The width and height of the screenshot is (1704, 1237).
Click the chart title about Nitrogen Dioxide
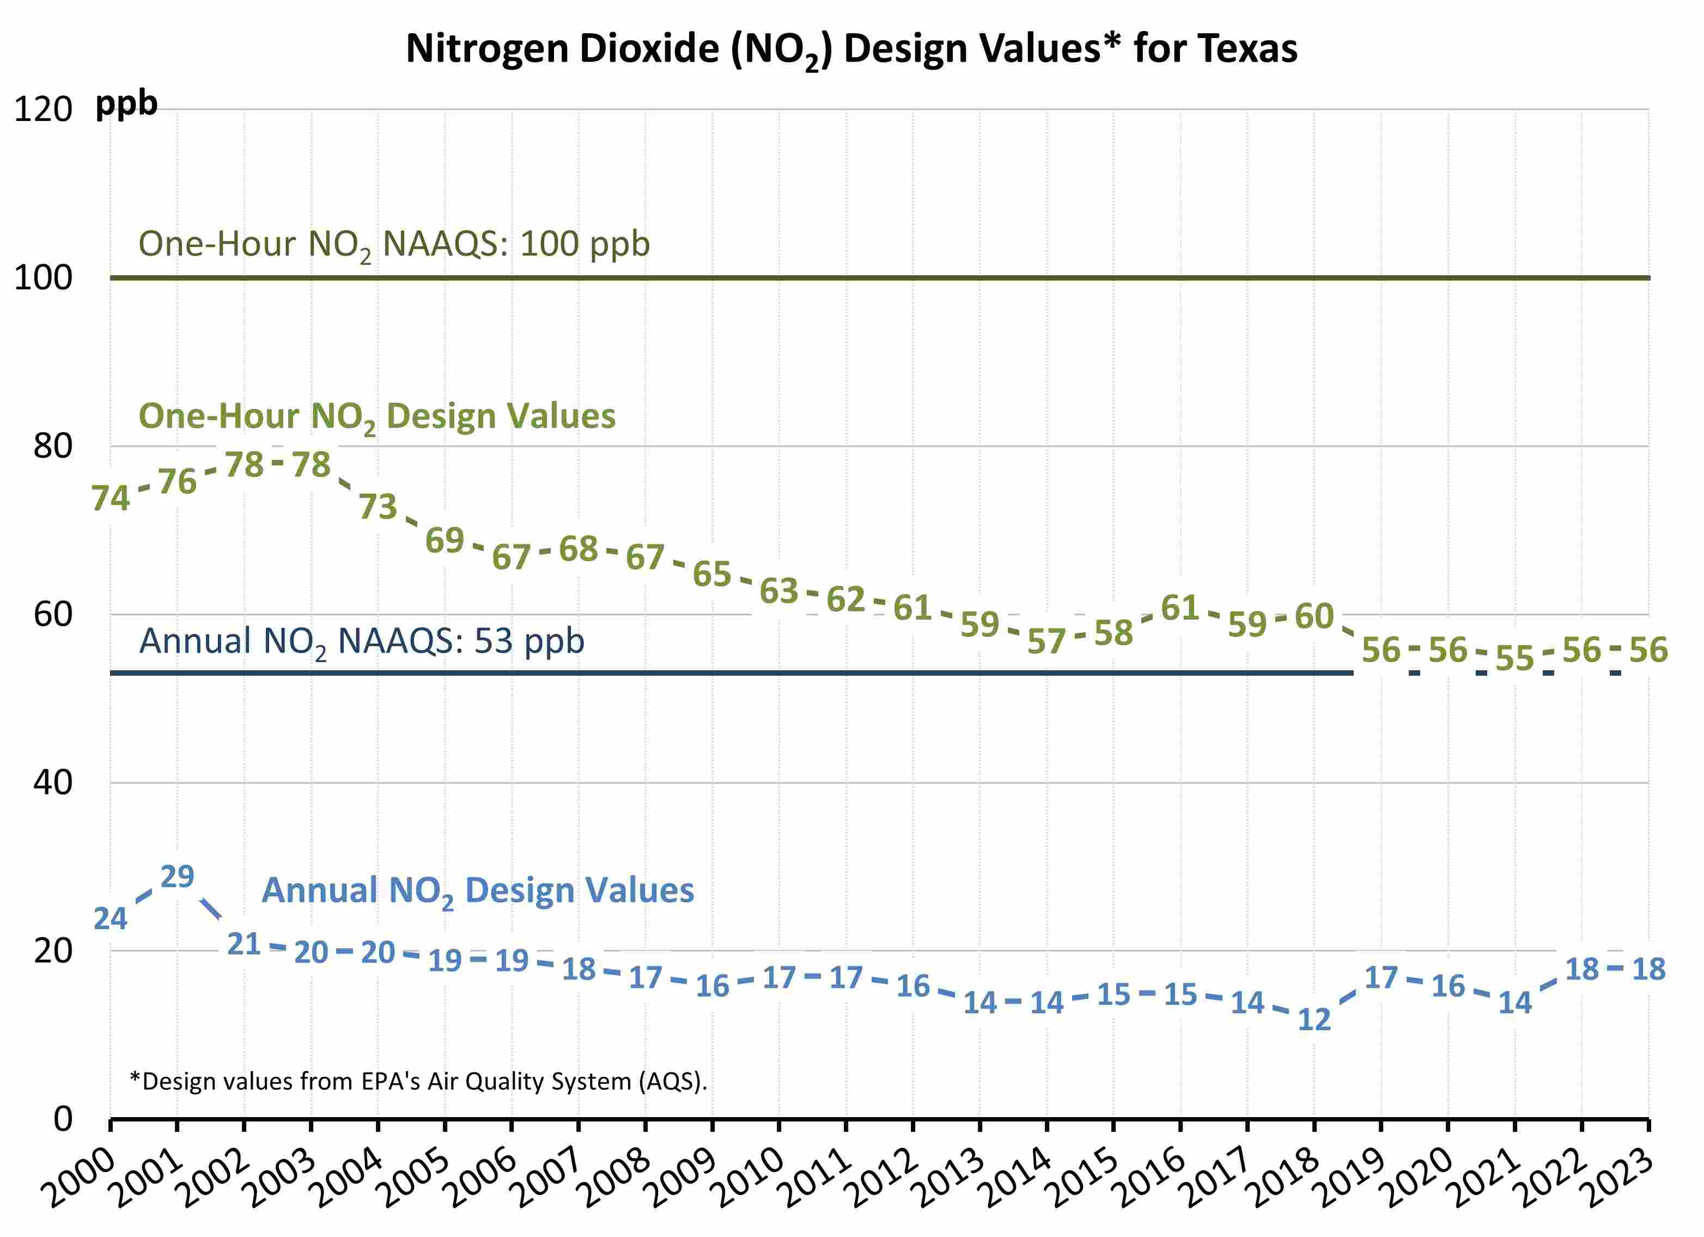point(851,50)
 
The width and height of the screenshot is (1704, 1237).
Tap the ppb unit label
point(126,104)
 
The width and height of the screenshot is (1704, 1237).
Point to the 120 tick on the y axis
point(43,110)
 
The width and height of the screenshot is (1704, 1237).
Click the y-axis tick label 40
point(53,783)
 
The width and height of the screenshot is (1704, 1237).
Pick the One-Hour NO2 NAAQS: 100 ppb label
point(394,244)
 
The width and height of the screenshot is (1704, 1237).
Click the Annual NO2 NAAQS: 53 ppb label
point(361,641)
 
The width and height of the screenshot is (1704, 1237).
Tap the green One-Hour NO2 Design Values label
point(376,416)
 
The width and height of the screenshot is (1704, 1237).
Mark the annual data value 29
point(177,876)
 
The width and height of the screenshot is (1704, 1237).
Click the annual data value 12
point(1314,1019)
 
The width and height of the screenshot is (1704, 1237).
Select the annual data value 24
point(111,918)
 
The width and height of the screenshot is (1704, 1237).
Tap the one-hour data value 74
point(111,498)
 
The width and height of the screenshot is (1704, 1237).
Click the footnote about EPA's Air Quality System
point(418,1082)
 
